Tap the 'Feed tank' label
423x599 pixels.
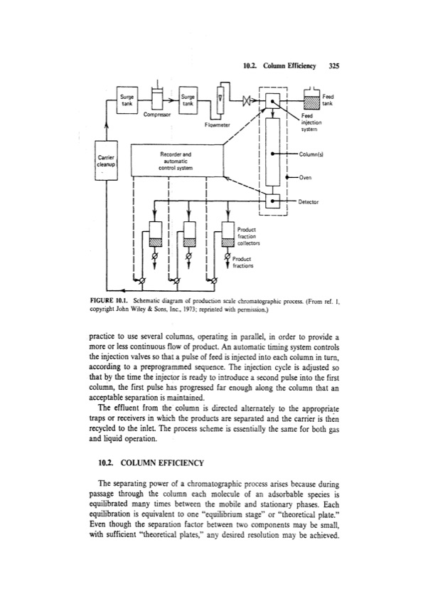click(328, 100)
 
